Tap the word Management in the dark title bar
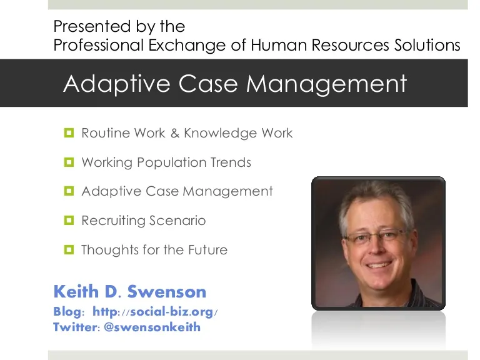327,84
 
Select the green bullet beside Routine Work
69,133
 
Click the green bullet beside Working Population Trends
69,162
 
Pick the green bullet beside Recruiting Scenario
69,220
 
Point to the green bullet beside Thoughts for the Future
69,249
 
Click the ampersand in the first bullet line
175,133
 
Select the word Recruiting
113,221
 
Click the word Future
208,250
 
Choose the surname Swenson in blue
167,291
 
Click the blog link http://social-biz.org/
155,312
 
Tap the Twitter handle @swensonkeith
152,327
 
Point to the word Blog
67,312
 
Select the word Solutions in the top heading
427,45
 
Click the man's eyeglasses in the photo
376,237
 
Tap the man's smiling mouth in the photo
379,265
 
